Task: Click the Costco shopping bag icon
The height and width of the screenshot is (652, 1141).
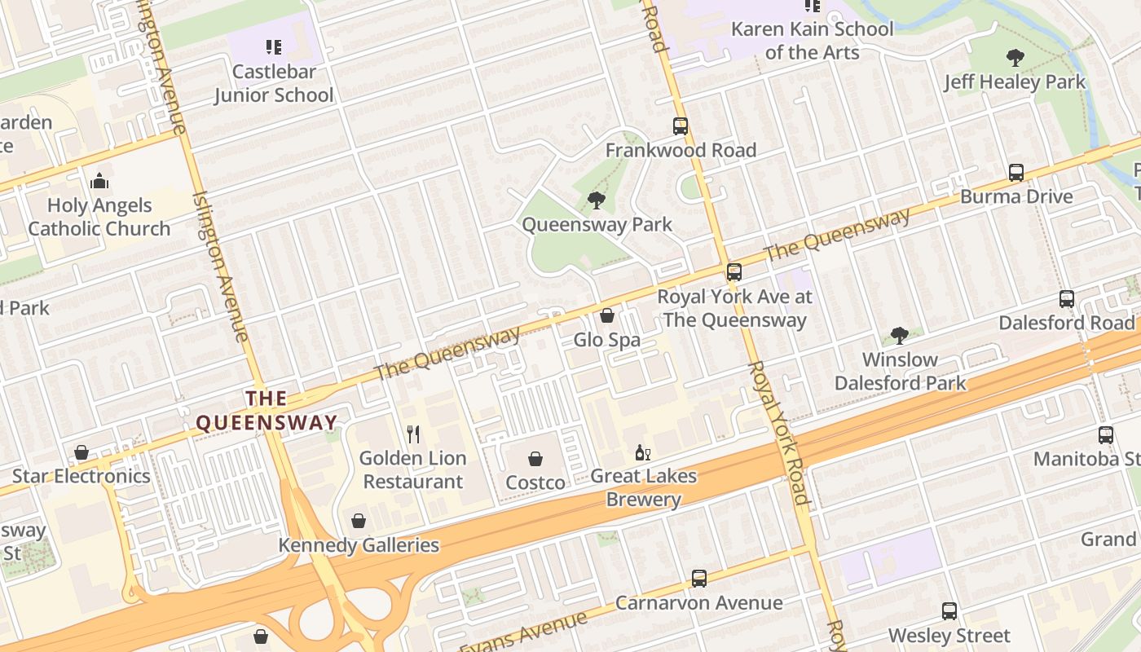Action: click(x=535, y=460)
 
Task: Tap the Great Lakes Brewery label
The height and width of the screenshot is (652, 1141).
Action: click(x=643, y=487)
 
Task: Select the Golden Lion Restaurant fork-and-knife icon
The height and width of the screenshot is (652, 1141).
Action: click(x=413, y=434)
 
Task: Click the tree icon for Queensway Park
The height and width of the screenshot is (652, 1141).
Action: click(x=597, y=200)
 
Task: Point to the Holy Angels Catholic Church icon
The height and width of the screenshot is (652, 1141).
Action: click(x=99, y=180)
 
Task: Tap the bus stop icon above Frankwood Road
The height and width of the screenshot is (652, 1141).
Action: click(x=681, y=126)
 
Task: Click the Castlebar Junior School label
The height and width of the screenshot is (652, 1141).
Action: click(x=274, y=83)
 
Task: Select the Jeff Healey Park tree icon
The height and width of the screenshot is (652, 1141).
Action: click(x=1015, y=58)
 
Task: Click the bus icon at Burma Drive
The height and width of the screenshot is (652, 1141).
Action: click(x=1016, y=173)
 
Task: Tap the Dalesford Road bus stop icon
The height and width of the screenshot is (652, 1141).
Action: click(x=1067, y=299)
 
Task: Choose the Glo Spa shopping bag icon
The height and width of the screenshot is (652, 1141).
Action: click(x=607, y=315)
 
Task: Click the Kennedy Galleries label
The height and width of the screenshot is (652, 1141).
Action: click(x=359, y=545)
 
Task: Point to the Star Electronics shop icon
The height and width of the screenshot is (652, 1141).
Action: click(x=81, y=452)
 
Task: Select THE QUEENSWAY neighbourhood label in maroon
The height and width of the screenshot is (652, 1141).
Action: click(x=267, y=410)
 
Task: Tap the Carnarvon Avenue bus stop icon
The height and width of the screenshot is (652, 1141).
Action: click(x=698, y=579)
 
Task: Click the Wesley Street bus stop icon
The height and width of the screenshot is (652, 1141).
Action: click(x=949, y=611)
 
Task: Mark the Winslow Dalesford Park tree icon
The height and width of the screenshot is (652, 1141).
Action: click(x=900, y=335)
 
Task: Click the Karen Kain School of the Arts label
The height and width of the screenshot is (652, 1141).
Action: click(x=812, y=41)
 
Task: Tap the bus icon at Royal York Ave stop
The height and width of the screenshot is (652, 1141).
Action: click(x=734, y=272)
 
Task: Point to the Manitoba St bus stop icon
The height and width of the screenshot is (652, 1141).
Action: click(x=1106, y=435)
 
